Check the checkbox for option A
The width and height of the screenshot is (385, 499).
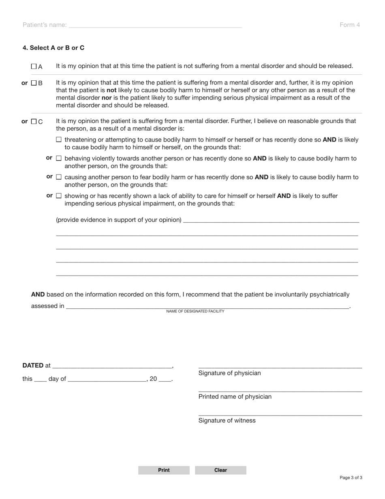(34, 66)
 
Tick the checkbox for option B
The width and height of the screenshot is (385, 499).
(34, 83)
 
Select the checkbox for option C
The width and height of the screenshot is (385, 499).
(34, 121)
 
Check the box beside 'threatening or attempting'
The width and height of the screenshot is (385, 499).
(59, 140)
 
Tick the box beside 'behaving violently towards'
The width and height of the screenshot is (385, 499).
(59, 158)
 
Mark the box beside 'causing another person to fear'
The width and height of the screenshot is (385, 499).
(59, 177)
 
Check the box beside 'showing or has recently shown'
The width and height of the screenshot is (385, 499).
(59, 196)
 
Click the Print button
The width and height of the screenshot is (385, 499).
(164, 470)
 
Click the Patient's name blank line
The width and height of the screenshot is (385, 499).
(155, 25)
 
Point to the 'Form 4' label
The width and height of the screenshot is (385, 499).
(349, 25)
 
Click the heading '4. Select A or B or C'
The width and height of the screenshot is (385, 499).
(53, 48)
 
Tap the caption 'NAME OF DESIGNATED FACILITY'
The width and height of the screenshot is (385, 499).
(195, 311)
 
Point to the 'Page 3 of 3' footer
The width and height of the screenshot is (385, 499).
(351, 477)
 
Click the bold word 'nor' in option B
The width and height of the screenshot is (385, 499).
(107, 98)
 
